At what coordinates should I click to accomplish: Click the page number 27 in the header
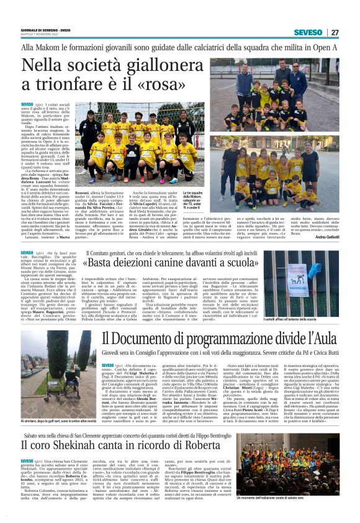[335, 32]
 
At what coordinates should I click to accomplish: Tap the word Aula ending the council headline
[323, 338]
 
